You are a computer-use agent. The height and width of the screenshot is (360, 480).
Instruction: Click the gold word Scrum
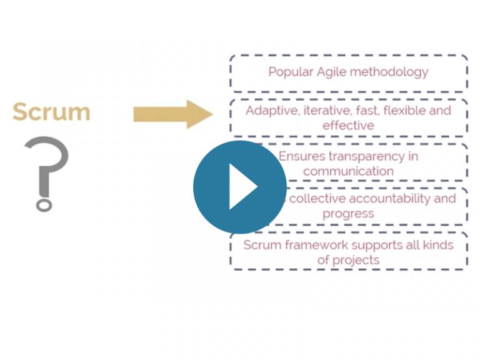click(x=51, y=112)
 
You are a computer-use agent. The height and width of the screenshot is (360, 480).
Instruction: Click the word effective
click(x=348, y=126)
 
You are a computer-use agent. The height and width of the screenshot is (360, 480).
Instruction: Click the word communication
click(x=348, y=171)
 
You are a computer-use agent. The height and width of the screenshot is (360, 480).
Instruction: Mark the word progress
click(x=348, y=214)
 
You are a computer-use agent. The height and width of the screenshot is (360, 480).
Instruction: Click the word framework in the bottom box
click(x=310, y=244)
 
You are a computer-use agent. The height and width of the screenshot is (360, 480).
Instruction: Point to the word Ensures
click(x=301, y=156)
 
